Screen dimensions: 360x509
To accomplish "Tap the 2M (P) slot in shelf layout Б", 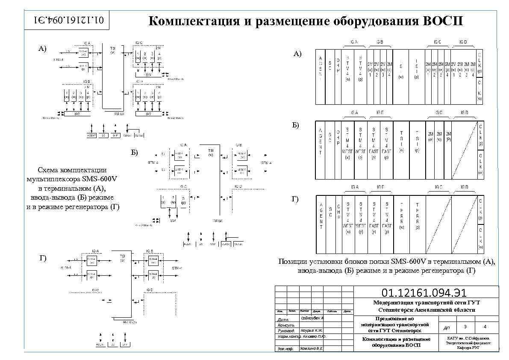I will coord(448,137).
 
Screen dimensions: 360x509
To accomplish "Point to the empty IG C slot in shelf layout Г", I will coord(438,224).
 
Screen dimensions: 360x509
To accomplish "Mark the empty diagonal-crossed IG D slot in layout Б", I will coord(464,150).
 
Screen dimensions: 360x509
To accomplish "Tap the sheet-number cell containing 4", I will coord(484,327).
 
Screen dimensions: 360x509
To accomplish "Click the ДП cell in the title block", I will coord(446,328).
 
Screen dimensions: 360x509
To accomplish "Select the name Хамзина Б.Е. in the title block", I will coord(311,348).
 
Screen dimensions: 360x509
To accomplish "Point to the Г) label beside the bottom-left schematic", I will coord(43,258).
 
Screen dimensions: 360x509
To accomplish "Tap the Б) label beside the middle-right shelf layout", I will coord(295,125).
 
